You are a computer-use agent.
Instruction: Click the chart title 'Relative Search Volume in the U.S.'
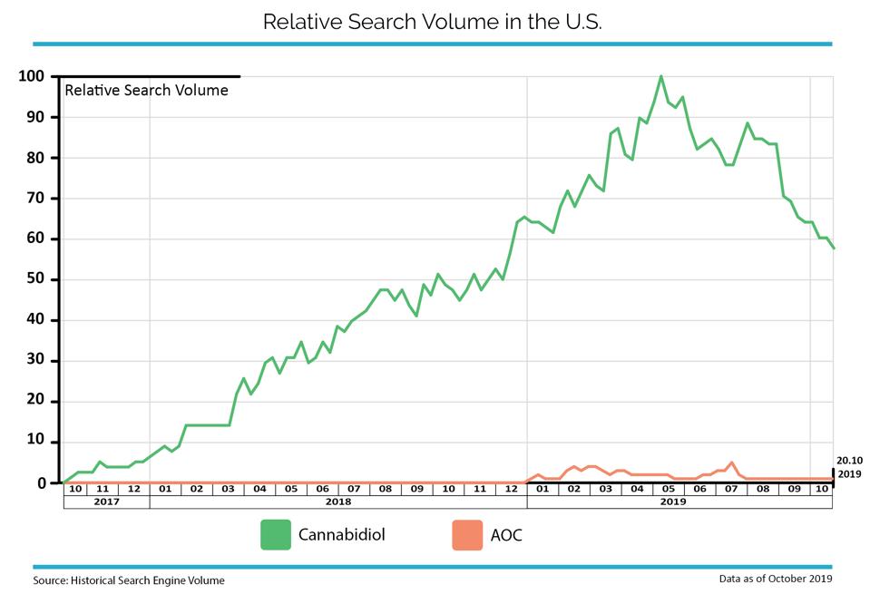click(x=432, y=22)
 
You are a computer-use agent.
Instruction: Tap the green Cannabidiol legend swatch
click(x=276, y=535)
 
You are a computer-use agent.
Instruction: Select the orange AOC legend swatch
click(x=467, y=535)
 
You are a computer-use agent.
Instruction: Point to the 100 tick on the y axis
click(x=31, y=76)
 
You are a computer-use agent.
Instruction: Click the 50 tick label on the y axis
click(x=35, y=279)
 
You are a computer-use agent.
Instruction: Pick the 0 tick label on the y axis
click(x=42, y=483)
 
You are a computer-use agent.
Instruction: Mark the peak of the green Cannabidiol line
click(x=660, y=76)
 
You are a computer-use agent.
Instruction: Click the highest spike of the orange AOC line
click(x=732, y=463)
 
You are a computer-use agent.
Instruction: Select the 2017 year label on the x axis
click(x=106, y=502)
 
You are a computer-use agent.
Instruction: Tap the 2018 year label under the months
click(x=338, y=502)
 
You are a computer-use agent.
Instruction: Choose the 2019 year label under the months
click(x=673, y=502)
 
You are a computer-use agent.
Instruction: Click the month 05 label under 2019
click(x=669, y=489)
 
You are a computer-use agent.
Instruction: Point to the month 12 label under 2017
click(x=133, y=489)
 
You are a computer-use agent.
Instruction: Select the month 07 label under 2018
click(x=354, y=489)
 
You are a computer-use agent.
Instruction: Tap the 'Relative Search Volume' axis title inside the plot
click(x=146, y=91)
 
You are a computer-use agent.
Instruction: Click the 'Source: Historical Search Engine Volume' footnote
click(x=129, y=580)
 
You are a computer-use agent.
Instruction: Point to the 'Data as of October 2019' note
click(x=776, y=579)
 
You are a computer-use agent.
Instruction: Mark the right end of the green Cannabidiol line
click(x=834, y=248)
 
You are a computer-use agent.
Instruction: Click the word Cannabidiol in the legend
click(x=342, y=535)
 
